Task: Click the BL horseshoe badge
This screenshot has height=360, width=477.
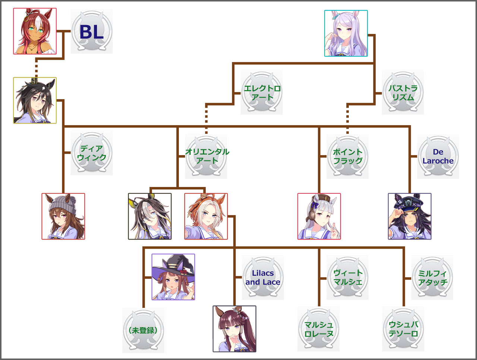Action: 92,31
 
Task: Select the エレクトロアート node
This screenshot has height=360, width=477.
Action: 262,92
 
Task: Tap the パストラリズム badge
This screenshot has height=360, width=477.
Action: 403,92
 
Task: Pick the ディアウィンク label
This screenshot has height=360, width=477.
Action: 92,153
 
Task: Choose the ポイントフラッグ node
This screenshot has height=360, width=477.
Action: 347,156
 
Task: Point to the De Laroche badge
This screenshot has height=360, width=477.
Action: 438,156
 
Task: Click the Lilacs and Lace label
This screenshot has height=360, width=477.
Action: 263,277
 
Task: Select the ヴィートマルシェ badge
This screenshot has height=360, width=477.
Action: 347,277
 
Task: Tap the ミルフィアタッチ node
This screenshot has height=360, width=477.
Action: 432,277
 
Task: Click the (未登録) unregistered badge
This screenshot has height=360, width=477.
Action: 143,330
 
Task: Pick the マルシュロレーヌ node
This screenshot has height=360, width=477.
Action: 318,329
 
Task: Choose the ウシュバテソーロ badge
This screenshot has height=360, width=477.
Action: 403,329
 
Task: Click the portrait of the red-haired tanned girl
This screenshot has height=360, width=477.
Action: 35,31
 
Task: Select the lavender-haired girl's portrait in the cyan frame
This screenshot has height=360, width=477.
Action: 346,33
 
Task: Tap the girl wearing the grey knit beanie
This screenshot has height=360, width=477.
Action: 63,217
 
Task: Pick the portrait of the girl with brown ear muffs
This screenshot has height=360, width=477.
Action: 319,217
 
